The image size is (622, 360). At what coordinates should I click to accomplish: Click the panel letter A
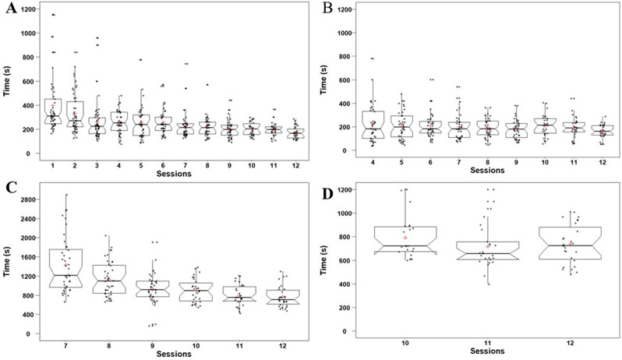click(11, 9)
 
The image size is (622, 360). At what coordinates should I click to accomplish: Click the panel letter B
click(327, 9)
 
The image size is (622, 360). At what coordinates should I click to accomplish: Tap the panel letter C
click(11, 188)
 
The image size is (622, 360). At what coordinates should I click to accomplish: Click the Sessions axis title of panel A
click(174, 174)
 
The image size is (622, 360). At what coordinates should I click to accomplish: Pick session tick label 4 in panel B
click(373, 163)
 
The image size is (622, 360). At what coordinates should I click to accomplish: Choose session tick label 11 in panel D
click(488, 344)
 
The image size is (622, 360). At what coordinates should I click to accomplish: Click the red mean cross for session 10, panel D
click(405, 238)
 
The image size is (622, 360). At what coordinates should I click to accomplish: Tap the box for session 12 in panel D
click(571, 243)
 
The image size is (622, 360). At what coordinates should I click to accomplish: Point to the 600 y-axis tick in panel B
click(346, 80)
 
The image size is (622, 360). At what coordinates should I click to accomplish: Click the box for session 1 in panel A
click(52, 111)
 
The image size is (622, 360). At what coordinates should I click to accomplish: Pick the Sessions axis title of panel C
click(174, 354)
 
